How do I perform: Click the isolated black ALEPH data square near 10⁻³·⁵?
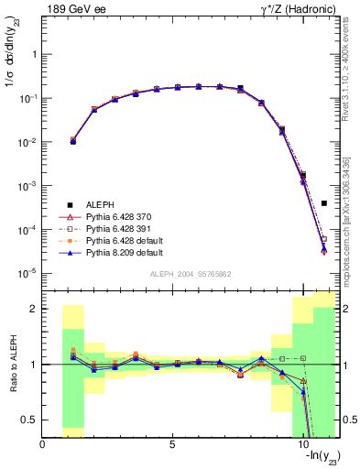[324, 203]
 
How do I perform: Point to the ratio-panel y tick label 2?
[34, 309]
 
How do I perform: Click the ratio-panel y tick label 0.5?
[29, 419]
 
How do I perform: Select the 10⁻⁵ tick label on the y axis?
[27, 273]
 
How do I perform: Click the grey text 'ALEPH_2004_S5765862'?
[191, 274]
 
